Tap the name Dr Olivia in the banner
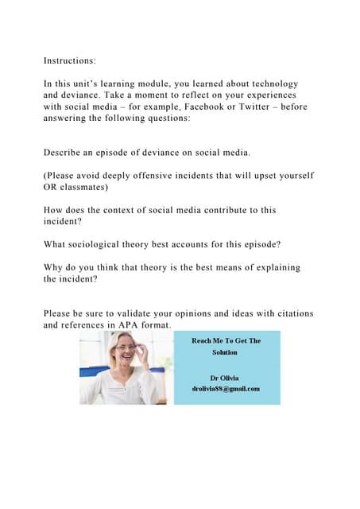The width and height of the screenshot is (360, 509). pyautogui.click(x=226, y=376)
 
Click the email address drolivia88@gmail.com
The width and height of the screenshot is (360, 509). pyautogui.click(x=226, y=388)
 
